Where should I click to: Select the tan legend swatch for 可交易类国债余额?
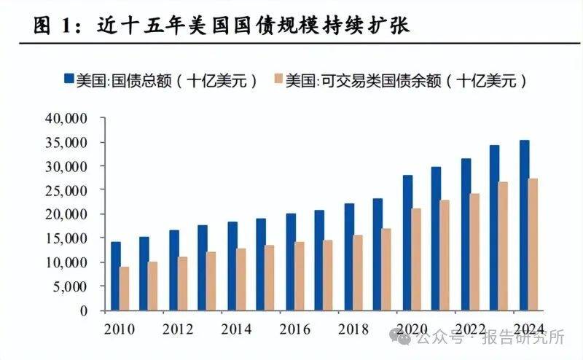[277, 80]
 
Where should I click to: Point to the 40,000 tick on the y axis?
[66, 118]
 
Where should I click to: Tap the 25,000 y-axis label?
[66, 190]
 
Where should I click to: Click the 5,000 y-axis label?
[70, 286]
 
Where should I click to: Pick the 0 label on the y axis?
[85, 310]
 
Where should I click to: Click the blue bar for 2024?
[524, 225]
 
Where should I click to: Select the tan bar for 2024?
[533, 244]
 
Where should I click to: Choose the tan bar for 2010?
[125, 289]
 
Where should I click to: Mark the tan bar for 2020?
[417, 259]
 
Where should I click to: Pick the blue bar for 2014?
[232, 266]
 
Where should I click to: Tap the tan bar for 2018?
[358, 273]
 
